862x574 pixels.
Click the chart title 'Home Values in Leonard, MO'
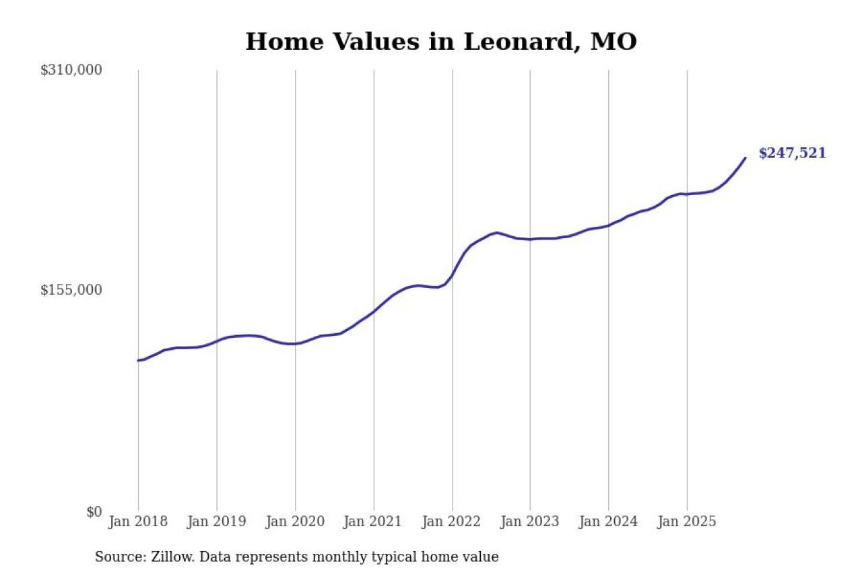pyautogui.click(x=441, y=42)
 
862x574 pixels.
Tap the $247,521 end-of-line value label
pyautogui.click(x=792, y=153)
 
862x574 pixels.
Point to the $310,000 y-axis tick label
pyautogui.click(x=71, y=70)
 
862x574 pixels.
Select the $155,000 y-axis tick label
pyautogui.click(x=71, y=290)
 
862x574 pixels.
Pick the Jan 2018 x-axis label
pyautogui.click(x=138, y=522)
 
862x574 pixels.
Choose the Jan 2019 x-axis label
pyautogui.click(x=217, y=522)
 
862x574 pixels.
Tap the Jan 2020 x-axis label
pyautogui.click(x=295, y=522)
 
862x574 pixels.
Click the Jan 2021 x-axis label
pyautogui.click(x=374, y=522)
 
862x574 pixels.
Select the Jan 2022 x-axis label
pyautogui.click(x=452, y=522)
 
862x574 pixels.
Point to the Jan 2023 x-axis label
pyautogui.click(x=530, y=522)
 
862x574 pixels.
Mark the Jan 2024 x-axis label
pyautogui.click(x=609, y=522)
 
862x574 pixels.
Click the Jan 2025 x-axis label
pyautogui.click(x=687, y=522)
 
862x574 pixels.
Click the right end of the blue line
pyautogui.click(x=745, y=158)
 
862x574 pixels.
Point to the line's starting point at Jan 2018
pyautogui.click(x=138, y=361)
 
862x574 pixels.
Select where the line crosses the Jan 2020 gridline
pyautogui.click(x=295, y=344)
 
